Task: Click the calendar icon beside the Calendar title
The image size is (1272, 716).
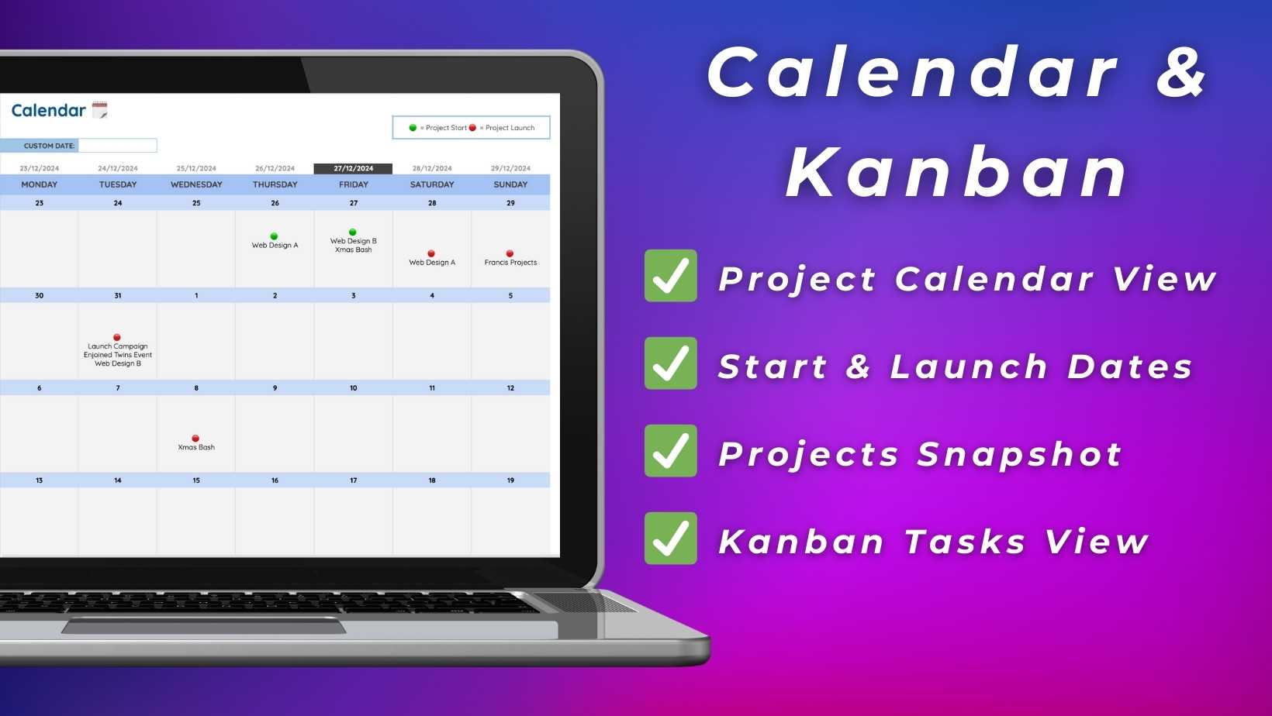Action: click(x=100, y=110)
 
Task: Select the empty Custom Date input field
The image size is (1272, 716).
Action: click(x=118, y=146)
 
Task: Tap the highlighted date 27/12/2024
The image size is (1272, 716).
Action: click(x=353, y=168)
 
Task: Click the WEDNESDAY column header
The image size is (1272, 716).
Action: click(x=196, y=184)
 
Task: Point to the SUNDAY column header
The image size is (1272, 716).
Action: click(x=510, y=184)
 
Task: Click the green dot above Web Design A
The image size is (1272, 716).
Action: click(x=275, y=236)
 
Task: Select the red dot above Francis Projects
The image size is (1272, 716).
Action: click(x=510, y=253)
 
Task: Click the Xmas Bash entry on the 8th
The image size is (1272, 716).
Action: click(x=196, y=447)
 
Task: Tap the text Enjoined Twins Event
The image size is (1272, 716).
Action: click(x=118, y=355)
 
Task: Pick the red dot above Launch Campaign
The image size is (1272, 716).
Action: click(x=117, y=338)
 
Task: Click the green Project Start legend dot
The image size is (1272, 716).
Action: click(x=413, y=128)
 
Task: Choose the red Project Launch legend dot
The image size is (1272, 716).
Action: click(x=472, y=128)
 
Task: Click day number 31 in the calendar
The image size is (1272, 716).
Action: click(x=118, y=295)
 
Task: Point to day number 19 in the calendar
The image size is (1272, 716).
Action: click(x=510, y=480)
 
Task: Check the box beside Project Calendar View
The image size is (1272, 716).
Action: click(x=671, y=276)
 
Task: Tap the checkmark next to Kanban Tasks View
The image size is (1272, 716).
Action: click(x=671, y=539)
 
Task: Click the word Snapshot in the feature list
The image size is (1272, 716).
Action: click(x=1020, y=455)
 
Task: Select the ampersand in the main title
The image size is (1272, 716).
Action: click(x=1181, y=73)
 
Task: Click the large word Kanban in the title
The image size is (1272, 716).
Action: click(x=957, y=171)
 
